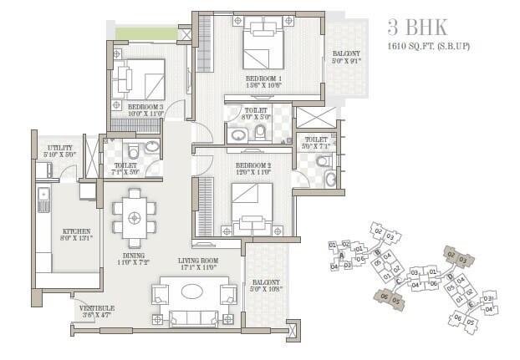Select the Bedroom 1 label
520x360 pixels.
[265, 79]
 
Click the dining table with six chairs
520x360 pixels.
[134, 215]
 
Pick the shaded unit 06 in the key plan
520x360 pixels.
[384, 296]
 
